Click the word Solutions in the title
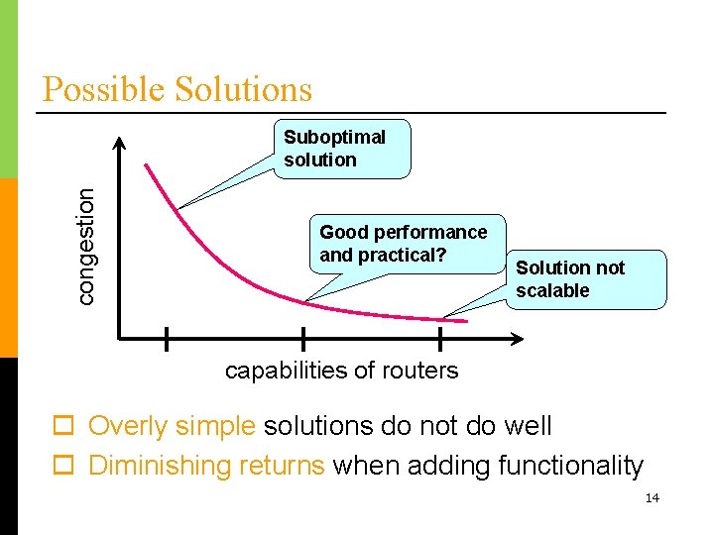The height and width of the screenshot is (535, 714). (243, 89)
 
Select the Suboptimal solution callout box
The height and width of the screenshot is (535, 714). (340, 149)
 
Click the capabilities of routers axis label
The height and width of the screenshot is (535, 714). (341, 371)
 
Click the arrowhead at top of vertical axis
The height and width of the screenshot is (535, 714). (120, 142)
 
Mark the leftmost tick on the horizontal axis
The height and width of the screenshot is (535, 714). (166, 339)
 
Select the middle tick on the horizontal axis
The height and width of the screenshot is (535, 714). (302, 339)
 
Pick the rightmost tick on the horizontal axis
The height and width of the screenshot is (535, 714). (440, 339)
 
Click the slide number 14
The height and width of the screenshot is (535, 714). (652, 497)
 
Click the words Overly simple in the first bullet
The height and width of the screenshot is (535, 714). (172, 427)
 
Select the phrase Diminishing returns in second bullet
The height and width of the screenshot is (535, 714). (206, 466)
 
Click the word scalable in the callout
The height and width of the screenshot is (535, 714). (552, 291)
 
